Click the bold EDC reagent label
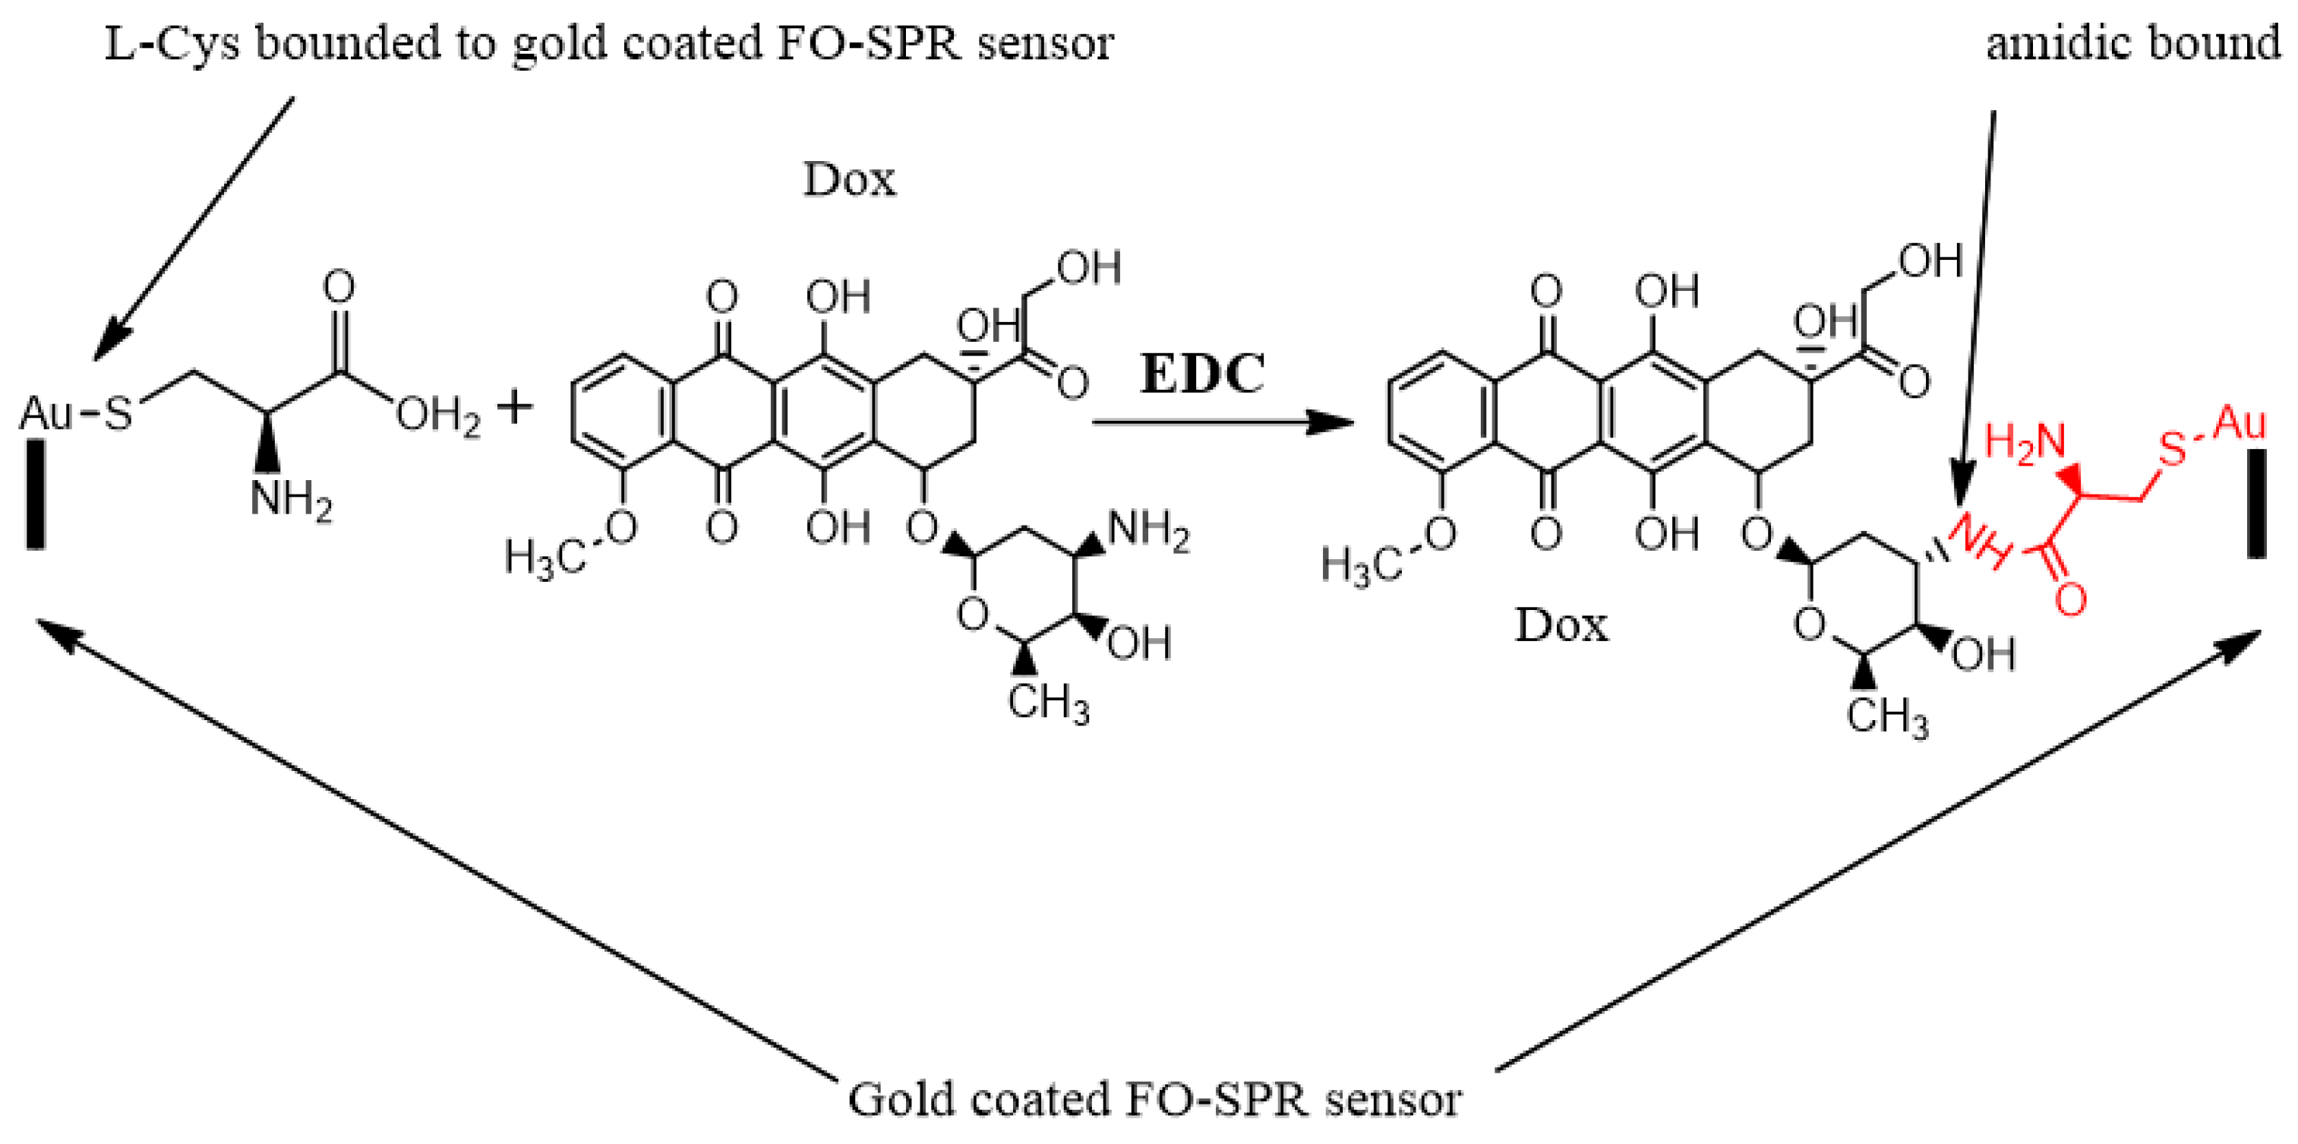point(1202,374)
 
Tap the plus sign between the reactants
point(515,409)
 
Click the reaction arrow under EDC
point(1222,422)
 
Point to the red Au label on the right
point(2240,422)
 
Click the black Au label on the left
point(46,413)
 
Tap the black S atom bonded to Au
point(118,414)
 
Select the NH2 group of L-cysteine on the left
point(291,501)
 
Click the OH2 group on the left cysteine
point(438,416)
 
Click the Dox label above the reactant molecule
point(848,181)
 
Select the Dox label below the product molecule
point(1561,627)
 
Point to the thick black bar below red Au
point(2256,504)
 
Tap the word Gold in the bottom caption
point(901,1099)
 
